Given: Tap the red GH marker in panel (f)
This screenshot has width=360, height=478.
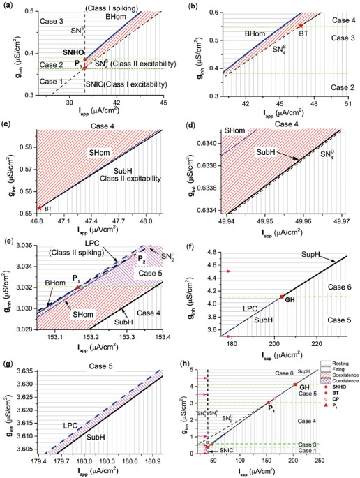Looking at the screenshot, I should [281, 297].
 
